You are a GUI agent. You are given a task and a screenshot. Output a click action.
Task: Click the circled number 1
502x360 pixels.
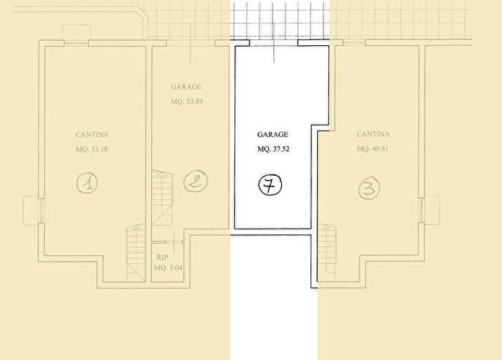click(87, 183)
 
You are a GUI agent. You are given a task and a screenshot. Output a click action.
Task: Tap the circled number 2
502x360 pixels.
click(196, 181)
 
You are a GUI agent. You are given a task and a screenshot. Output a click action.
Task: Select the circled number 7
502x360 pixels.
click(270, 185)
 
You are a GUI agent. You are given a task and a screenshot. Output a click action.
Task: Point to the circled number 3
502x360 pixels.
click(369, 188)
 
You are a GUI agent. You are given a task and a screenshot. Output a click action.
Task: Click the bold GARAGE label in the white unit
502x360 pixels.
click(273, 135)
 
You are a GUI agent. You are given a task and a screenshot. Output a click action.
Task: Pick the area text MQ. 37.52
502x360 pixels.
click(273, 149)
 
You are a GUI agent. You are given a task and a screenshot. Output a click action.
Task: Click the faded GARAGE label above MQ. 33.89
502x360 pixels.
click(186, 87)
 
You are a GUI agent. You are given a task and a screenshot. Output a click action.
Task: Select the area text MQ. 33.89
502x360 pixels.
click(186, 102)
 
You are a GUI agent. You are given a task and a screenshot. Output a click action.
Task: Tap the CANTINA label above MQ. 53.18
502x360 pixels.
click(92, 135)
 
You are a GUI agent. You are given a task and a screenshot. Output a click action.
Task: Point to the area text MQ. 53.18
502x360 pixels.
click(92, 149)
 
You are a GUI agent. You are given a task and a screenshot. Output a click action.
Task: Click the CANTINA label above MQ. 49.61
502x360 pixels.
click(374, 134)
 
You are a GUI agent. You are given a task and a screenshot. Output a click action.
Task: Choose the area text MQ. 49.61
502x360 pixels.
click(373, 149)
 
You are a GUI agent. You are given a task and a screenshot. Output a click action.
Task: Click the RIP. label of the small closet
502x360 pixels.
click(164, 257)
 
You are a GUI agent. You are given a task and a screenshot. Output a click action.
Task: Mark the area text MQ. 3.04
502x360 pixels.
click(169, 267)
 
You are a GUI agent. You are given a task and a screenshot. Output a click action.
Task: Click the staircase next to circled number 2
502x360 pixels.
click(162, 197)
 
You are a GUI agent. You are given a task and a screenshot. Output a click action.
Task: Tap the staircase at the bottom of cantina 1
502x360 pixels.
click(136, 252)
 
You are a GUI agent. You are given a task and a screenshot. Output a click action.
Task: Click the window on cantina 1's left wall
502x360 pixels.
click(41, 210)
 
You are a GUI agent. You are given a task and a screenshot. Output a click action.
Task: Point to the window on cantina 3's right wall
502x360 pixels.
click(422, 210)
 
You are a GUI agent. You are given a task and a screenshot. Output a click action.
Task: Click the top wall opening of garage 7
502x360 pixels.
click(274, 43)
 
